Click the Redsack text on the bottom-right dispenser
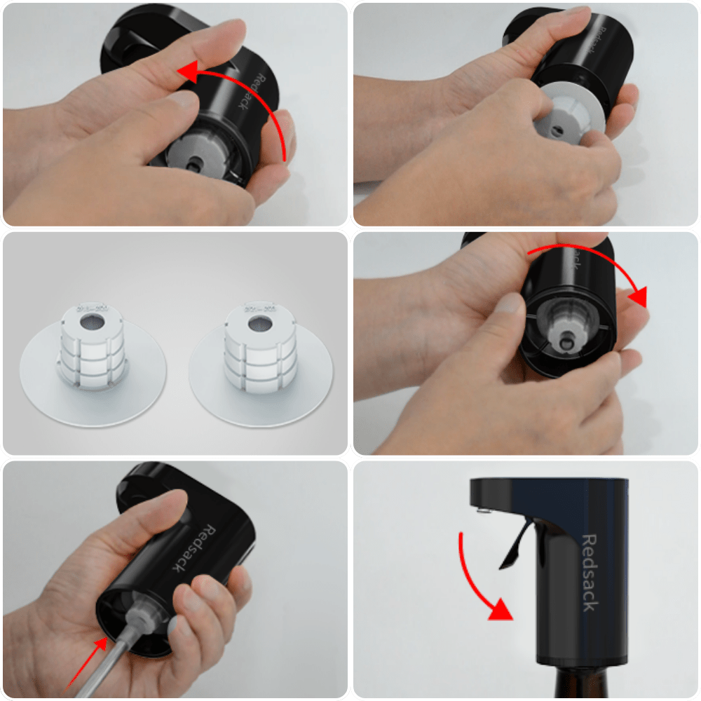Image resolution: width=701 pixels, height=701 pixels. pyautogui.click(x=590, y=572)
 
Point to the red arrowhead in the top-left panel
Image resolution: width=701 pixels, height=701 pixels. pyautogui.click(x=184, y=71)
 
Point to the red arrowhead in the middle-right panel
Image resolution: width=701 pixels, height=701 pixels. pyautogui.click(x=637, y=298)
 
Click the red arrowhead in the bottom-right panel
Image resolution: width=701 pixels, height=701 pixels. pyautogui.click(x=499, y=609)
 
